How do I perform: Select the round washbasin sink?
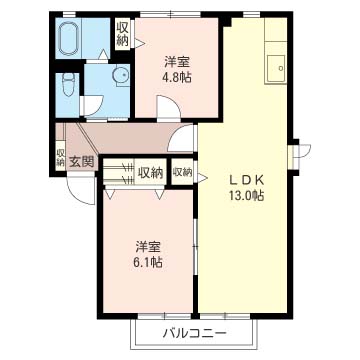point(120,75)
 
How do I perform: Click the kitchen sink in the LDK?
point(276,68)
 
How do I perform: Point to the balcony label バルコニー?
point(195,333)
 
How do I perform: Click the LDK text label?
point(246,180)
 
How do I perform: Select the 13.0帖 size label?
point(246,195)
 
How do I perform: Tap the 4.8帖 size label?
point(177,77)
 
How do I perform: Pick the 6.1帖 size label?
point(148,262)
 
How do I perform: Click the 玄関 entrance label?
point(81,162)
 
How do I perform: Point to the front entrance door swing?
point(82,190)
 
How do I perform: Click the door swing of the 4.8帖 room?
point(169,107)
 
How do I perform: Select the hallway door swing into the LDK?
point(182,138)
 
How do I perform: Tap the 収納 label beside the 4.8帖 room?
point(122,34)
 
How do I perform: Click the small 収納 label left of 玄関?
point(60,158)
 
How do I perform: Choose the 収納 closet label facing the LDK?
point(182,172)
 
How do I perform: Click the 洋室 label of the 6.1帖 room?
point(148,247)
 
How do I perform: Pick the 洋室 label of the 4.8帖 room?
point(177,62)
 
